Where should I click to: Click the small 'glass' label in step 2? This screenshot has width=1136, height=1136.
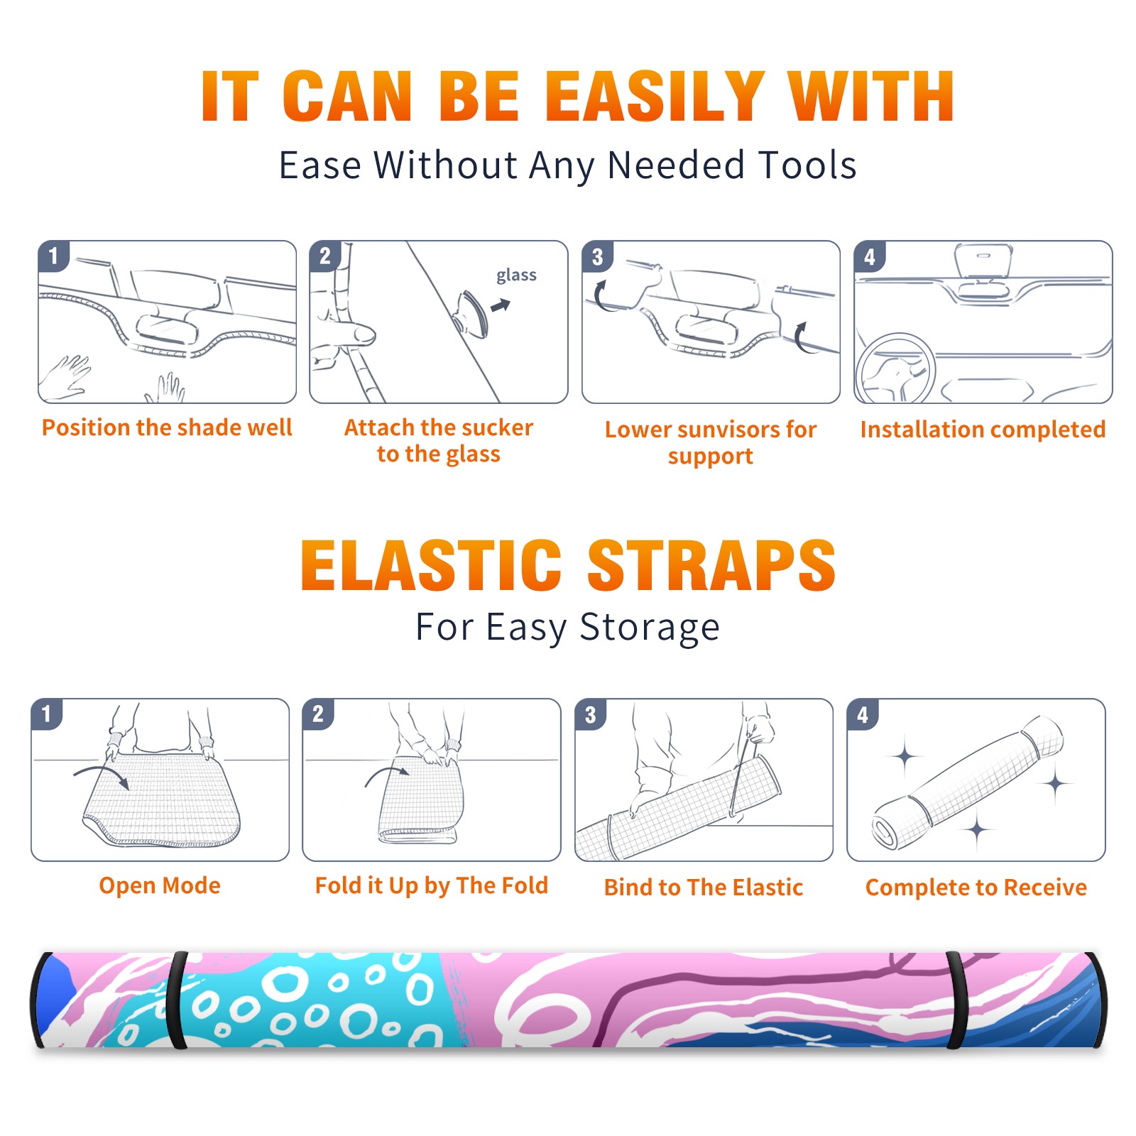(x=516, y=275)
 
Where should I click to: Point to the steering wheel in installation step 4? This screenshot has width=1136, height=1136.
(x=895, y=369)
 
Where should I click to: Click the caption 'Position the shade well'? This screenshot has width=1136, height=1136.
(x=167, y=427)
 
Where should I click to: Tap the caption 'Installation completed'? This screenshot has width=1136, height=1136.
(x=983, y=430)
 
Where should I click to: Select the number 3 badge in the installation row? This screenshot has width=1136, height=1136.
(x=597, y=256)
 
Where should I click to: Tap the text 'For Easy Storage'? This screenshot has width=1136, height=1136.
(x=567, y=627)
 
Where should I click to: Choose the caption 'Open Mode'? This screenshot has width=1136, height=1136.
(x=160, y=885)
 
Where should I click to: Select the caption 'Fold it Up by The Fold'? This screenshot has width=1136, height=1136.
(x=432, y=885)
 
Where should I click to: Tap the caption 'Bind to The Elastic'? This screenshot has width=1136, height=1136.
(x=704, y=887)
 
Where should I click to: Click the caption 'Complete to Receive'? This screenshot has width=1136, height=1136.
(x=976, y=887)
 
